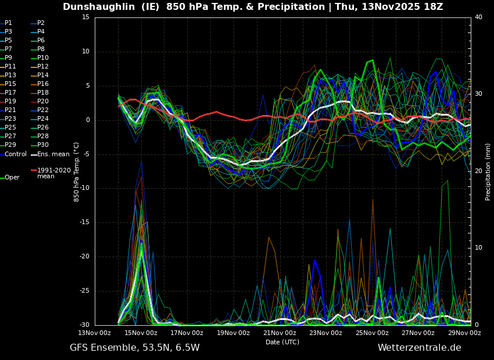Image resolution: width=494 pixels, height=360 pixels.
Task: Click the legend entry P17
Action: [10, 93]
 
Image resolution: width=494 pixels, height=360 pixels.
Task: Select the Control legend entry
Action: [16, 154]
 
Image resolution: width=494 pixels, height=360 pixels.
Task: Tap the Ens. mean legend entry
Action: [53, 154]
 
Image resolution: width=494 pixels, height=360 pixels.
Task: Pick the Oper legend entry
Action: [12, 178]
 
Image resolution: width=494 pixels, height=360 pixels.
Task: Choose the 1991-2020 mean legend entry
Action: [53, 173]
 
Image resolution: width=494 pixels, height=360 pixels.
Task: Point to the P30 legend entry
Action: [43, 145]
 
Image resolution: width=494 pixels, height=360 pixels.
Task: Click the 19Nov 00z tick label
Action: [234, 333]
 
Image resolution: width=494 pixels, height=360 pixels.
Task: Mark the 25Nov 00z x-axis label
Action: [372, 333]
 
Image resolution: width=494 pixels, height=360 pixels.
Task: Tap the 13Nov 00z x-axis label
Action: [95, 333]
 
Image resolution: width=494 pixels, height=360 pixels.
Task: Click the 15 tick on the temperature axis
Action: [85, 17]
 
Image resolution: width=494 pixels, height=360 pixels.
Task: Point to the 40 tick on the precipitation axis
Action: [478, 17]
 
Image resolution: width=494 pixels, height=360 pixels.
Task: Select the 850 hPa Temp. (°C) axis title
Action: [77, 172]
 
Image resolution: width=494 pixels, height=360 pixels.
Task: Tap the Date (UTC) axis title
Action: [282, 342]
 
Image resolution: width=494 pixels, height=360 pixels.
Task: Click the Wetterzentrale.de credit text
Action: [419, 348]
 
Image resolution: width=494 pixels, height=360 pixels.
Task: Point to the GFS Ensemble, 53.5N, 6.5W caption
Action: [134, 348]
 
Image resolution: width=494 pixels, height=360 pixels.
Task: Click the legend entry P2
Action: [41, 23]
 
